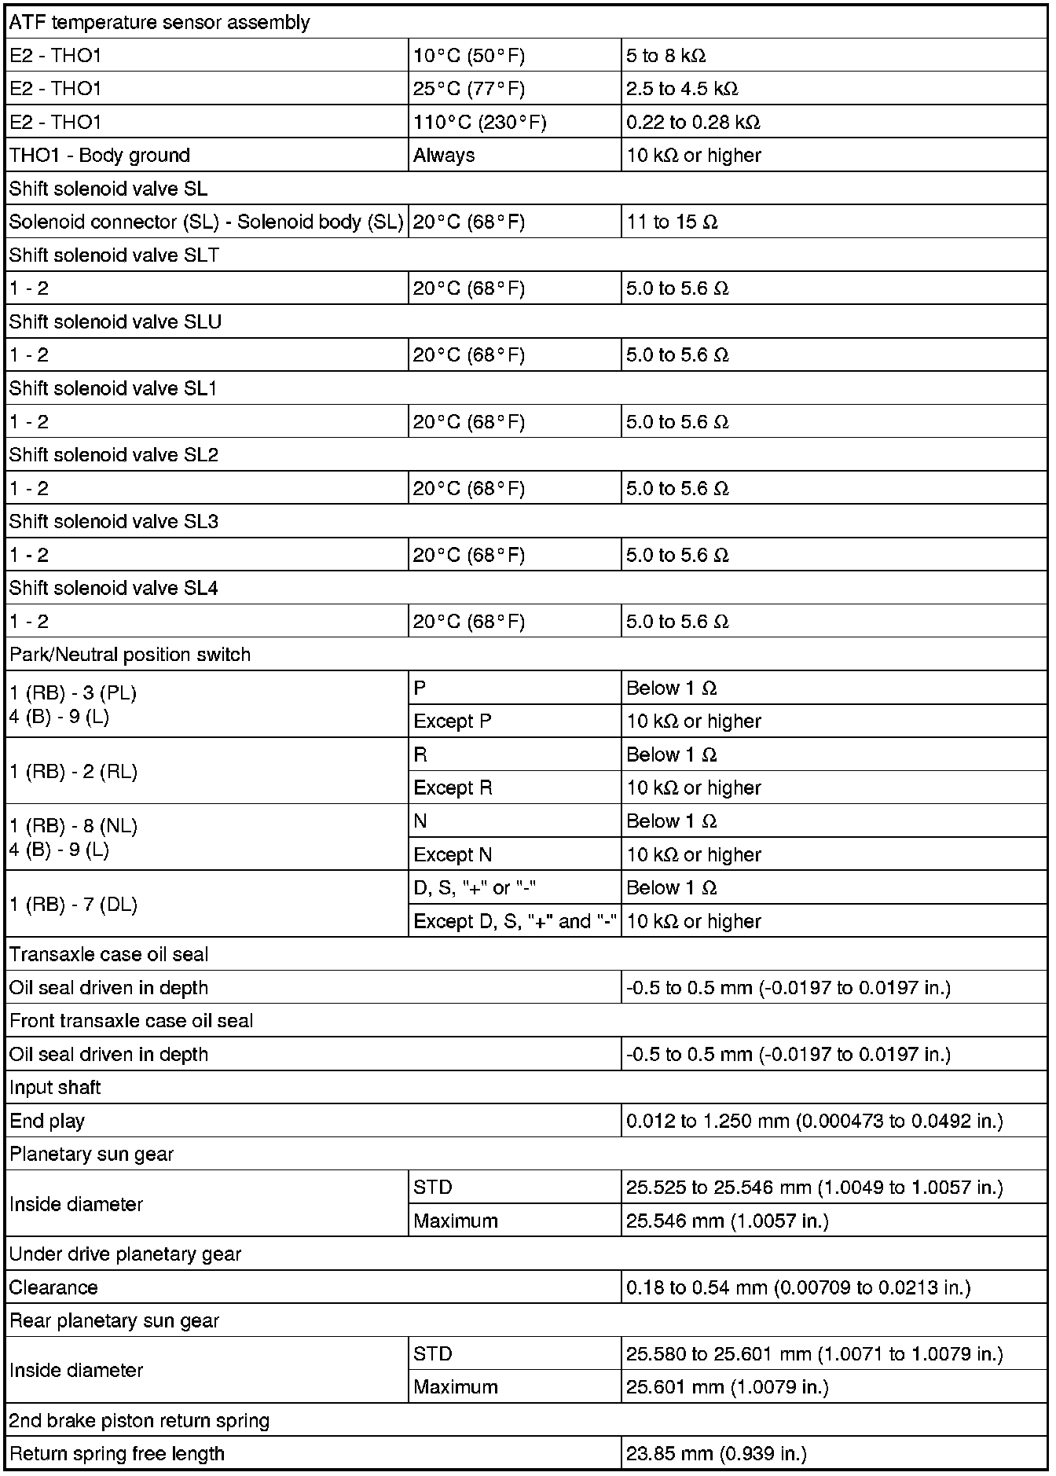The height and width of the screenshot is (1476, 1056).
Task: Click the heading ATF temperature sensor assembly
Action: pyautogui.click(x=159, y=23)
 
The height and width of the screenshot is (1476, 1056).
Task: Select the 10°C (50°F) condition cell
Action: pyautogui.click(x=469, y=56)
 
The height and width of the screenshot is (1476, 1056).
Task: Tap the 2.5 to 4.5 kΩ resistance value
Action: pyautogui.click(x=682, y=89)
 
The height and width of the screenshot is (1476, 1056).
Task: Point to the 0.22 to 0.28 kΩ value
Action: pyautogui.click(x=693, y=123)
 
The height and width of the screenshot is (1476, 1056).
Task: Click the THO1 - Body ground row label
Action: pyautogui.click(x=100, y=156)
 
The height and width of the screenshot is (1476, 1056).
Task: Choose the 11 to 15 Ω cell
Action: pyautogui.click(x=672, y=222)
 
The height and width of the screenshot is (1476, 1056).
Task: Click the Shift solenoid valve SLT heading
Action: pyautogui.click(x=115, y=255)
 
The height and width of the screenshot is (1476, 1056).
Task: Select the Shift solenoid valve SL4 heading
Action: pyautogui.click(x=114, y=589)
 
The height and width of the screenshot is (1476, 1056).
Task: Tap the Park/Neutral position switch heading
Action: pyautogui.click(x=130, y=655)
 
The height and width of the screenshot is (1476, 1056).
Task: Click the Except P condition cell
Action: pyautogui.click(x=453, y=721)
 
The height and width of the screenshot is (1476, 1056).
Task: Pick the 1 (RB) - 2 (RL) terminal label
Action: pyautogui.click(x=74, y=772)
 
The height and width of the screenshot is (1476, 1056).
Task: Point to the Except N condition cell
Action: pyautogui.click(x=453, y=854)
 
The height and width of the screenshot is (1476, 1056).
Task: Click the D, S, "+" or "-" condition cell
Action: pyautogui.click(x=475, y=888)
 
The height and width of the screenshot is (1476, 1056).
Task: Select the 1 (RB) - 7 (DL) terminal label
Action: pyautogui.click(x=74, y=905)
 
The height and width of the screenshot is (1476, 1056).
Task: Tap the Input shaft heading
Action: pyautogui.click(x=55, y=1088)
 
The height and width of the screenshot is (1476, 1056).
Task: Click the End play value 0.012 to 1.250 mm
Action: pyautogui.click(x=814, y=1122)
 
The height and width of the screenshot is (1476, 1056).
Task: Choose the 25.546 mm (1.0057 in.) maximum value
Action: pyautogui.click(x=728, y=1221)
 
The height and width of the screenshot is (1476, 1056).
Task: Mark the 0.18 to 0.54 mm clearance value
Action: pyautogui.click(x=798, y=1288)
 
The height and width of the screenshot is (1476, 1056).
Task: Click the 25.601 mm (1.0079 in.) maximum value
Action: pyautogui.click(x=728, y=1387)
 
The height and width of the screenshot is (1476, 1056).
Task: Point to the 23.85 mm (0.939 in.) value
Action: pyautogui.click(x=717, y=1454)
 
